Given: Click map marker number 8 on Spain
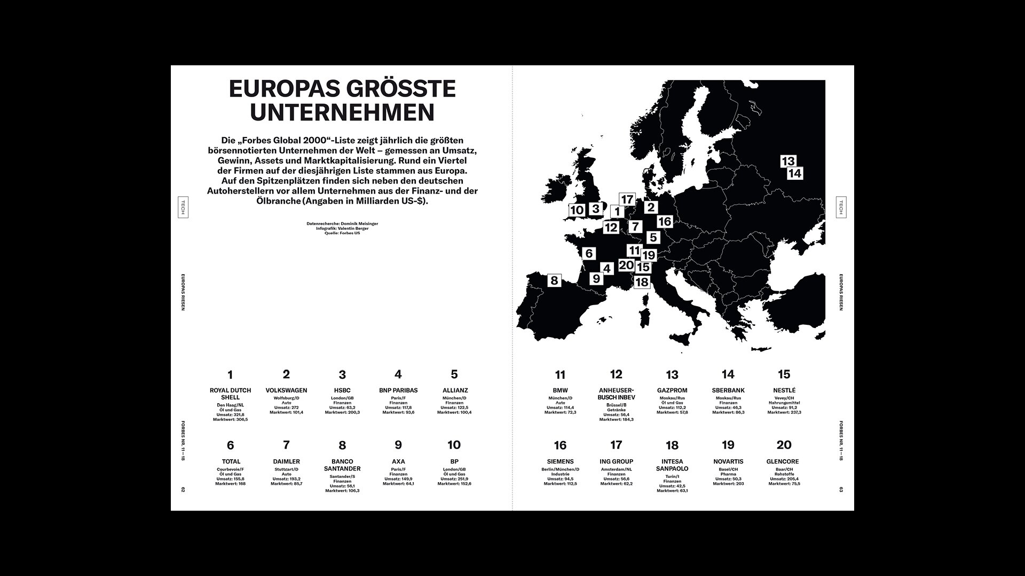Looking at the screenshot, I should coord(554,280).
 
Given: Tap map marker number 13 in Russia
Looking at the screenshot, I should coord(788,161).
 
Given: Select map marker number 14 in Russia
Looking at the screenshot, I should coord(794,173).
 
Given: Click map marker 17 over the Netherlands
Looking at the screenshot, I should coord(627,200).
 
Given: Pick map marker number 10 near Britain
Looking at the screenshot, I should coord(577,210).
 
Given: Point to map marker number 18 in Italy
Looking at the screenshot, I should coord(642,282).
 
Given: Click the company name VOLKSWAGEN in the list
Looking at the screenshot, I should coord(286,390).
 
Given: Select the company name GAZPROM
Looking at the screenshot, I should coord(672,390).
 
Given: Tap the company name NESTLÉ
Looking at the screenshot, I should coord(784,390).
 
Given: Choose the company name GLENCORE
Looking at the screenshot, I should coord(784,461).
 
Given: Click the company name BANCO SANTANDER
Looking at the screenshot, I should coord(342,465).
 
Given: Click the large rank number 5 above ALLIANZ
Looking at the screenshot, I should coord(454,374).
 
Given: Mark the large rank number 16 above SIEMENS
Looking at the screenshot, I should coord(560,445).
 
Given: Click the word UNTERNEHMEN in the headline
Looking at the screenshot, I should coord(342,113).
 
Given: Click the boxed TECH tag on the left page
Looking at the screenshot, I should coord(183,206).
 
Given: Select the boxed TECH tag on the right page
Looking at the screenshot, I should coord(841,206).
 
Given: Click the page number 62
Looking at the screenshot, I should coord(183,490).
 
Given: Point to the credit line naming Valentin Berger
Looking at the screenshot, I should coord(342,228).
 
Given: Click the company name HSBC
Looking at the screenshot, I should coord(342,390).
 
